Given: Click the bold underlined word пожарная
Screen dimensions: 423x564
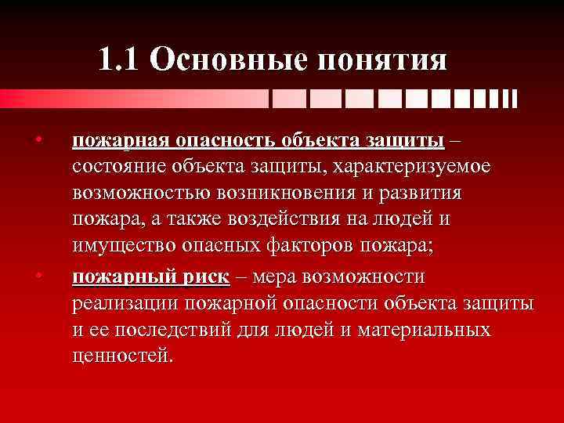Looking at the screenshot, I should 121,142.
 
